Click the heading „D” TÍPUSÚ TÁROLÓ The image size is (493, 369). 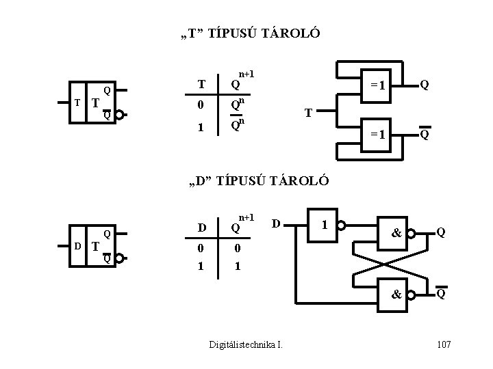point(260,181)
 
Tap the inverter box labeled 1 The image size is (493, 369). point(323,223)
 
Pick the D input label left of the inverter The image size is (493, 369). point(275,222)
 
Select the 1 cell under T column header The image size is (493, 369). point(201,127)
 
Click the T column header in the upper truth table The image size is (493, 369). point(201,85)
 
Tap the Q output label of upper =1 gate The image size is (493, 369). point(425,85)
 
